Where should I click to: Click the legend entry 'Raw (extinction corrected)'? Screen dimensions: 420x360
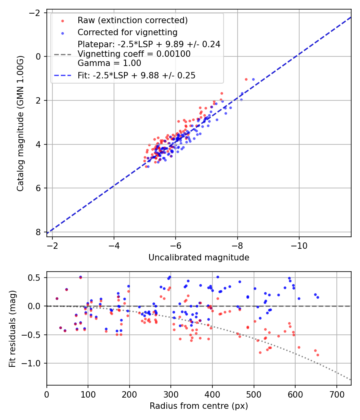(132, 20)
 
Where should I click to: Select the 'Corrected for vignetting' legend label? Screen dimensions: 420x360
(128, 32)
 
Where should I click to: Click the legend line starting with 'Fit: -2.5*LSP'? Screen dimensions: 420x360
(136, 75)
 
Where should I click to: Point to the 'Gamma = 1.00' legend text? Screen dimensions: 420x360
(110, 63)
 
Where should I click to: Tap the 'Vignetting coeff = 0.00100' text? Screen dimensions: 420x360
(134, 54)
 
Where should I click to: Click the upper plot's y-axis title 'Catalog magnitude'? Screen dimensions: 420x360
(21, 123)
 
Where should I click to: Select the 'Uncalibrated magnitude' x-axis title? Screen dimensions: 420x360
(199, 258)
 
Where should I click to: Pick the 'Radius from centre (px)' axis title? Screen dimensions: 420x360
(199, 406)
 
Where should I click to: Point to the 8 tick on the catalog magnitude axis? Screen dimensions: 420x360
(38, 232)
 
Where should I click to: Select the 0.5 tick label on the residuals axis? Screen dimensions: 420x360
(36, 278)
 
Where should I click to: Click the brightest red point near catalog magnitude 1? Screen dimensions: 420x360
(246, 79)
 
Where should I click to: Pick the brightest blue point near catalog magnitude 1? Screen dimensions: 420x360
(253, 79)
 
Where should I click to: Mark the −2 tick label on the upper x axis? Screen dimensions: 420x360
(52, 245)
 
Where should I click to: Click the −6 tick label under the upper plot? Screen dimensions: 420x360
(176, 245)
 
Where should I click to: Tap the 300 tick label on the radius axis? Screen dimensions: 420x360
(171, 394)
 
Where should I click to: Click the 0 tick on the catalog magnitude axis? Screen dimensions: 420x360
(38, 56)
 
